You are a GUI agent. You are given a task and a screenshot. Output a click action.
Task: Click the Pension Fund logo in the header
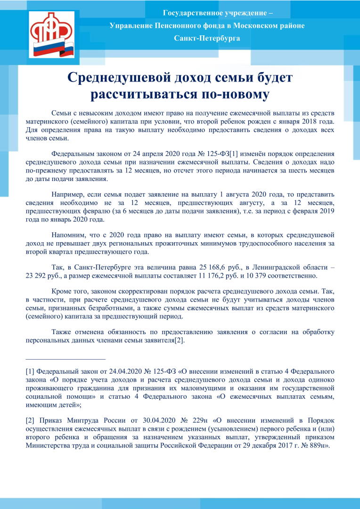click(51, 34)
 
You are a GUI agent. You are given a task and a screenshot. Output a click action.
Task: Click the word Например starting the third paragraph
click(67, 194)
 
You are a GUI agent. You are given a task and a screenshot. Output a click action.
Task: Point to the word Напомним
click(68, 234)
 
